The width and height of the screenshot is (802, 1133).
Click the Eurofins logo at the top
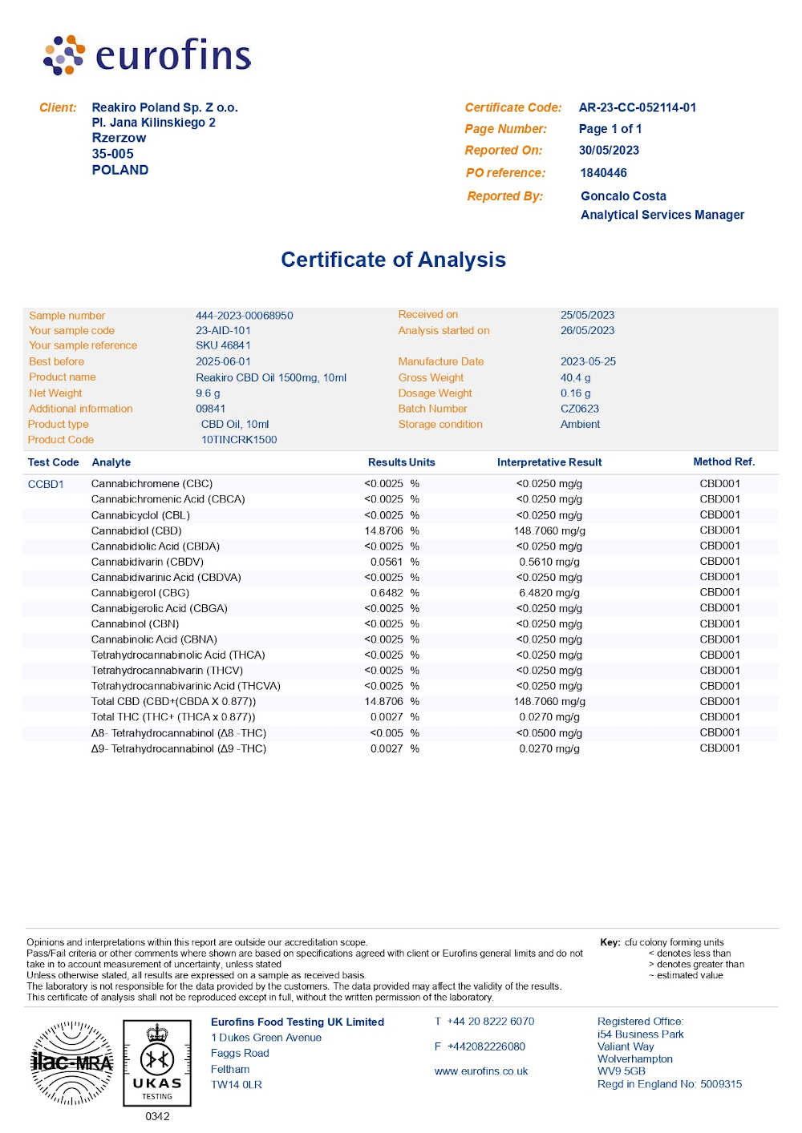[148, 55]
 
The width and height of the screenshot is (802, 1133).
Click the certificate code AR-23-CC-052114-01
[638, 107]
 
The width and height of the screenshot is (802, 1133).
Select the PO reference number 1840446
[603, 173]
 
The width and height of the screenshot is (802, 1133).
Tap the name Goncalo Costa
[623, 196]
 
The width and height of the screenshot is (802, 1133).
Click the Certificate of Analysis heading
[393, 260]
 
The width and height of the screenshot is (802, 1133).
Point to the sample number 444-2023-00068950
[244, 316]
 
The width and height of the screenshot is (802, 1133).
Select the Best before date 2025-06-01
[223, 361]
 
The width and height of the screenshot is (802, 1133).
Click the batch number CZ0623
[580, 409]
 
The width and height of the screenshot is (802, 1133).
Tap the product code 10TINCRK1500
[239, 440]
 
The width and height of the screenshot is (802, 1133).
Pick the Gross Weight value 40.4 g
[575, 377]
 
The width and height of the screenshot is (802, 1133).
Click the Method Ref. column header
[723, 462]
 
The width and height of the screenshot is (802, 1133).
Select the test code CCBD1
[46, 484]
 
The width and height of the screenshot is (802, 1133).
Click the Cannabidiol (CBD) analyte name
[136, 530]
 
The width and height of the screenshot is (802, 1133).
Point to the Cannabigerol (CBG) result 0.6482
[387, 593]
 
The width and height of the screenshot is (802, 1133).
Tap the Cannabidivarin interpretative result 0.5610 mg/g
[549, 562]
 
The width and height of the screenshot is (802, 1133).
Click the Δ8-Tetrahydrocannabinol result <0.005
[387, 733]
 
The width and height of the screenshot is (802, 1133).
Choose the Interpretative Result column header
[549, 462]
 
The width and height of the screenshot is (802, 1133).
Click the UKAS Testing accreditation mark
[157, 1062]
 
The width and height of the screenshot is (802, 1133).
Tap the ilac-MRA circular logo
[72, 1062]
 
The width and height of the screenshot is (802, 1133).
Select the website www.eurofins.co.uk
[481, 1071]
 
